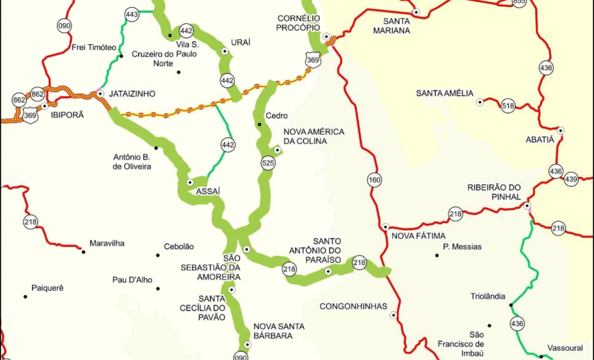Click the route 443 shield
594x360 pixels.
[x=132, y=14]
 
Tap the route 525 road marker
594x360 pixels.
[x=268, y=163]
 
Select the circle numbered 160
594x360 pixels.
[x=374, y=180]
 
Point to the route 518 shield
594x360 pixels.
[x=508, y=106]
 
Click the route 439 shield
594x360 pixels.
[x=571, y=178]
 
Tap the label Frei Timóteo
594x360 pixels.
[x=93, y=47]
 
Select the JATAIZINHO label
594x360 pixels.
[x=133, y=94]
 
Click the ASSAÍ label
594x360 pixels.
[x=208, y=191]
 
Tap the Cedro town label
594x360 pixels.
[x=277, y=115]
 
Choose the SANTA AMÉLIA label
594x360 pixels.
[x=445, y=93]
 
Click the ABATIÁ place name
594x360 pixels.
[x=541, y=139]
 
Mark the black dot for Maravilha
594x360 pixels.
[x=82, y=250]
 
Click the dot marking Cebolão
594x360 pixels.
[x=158, y=255]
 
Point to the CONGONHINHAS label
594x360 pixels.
[x=353, y=306]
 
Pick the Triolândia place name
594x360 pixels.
[x=488, y=296]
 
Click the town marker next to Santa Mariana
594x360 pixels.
[x=417, y=12]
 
